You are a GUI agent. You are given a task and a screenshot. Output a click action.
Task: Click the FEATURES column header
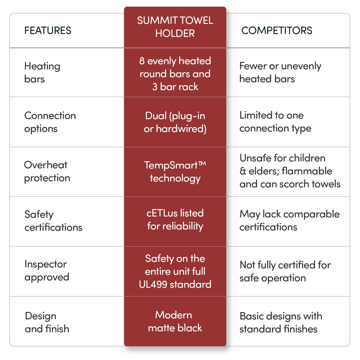pyautogui.click(x=48, y=30)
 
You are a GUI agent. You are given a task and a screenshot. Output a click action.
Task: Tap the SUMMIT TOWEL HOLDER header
pyautogui.click(x=175, y=27)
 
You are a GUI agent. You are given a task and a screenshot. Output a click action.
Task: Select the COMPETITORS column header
pyautogui.click(x=277, y=30)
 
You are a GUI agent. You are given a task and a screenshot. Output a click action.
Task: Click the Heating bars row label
pyautogui.click(x=42, y=72)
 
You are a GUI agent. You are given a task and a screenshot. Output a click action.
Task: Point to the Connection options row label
pyautogui.click(x=50, y=122)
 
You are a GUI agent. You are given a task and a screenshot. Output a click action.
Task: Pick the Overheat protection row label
pyautogui.click(x=47, y=171)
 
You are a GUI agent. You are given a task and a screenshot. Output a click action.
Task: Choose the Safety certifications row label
pyautogui.click(x=53, y=221)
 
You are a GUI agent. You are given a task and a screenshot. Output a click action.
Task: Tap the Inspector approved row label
pyautogui.click(x=47, y=270)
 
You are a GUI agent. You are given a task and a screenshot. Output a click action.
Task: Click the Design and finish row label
pyautogui.click(x=47, y=322)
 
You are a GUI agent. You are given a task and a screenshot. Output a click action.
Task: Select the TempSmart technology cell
pyautogui.click(x=175, y=171)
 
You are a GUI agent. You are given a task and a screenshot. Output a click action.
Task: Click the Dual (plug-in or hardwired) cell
pyautogui.click(x=175, y=122)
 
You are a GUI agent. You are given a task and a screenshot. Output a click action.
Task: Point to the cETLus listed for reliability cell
pyautogui.click(x=175, y=219)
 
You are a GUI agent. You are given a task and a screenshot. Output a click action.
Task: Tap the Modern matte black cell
pyautogui.click(x=175, y=321)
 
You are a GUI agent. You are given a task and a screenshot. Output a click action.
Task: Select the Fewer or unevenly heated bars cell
pyautogui.click(x=280, y=72)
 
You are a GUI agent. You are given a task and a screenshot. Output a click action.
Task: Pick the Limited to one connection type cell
pyautogui.click(x=275, y=122)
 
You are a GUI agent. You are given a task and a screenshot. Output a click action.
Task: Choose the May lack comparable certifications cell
pyautogui.click(x=289, y=220)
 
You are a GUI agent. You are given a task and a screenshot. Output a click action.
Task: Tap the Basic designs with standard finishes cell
pyautogui.click(x=280, y=322)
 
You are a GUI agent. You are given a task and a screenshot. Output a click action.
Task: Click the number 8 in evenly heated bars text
pyautogui.click(x=142, y=61)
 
